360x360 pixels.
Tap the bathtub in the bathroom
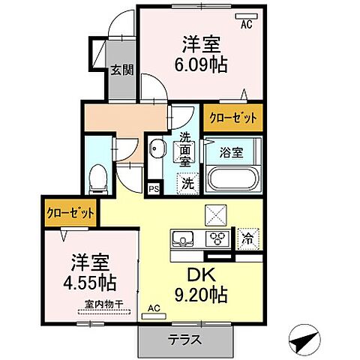pyautogui.click(x=233, y=180)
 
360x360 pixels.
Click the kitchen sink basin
pyautogui.click(x=182, y=240)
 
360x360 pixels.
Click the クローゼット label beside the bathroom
pyautogui.click(x=233, y=118)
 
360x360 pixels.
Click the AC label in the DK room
pyautogui.click(x=154, y=308)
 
